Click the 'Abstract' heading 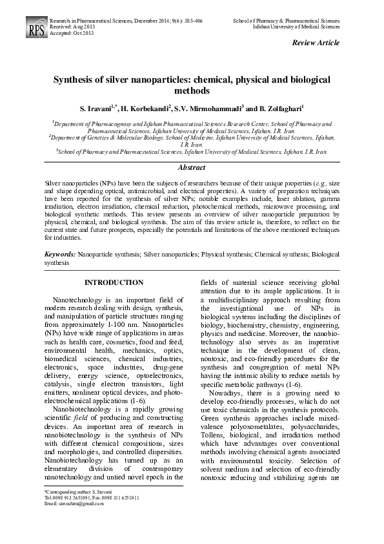(x=191, y=167)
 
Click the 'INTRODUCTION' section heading (x=114, y=282)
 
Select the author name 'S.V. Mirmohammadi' (x=209, y=108)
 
